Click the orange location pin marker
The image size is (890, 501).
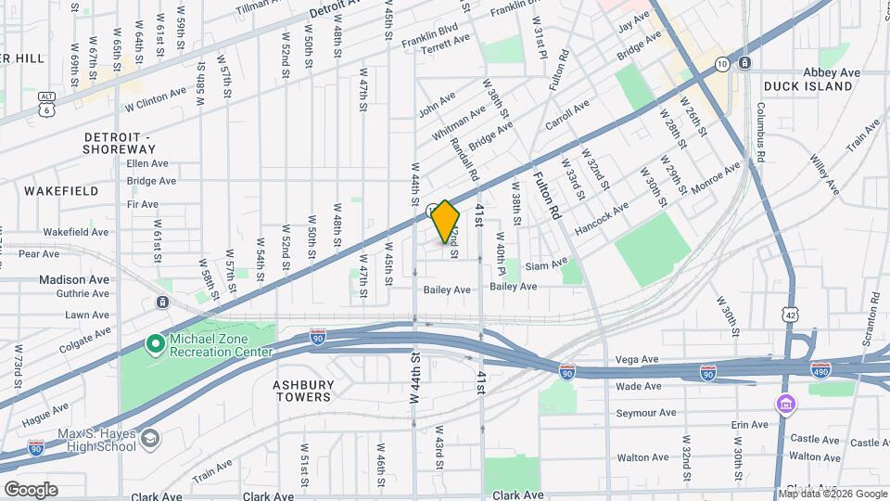click(445, 221)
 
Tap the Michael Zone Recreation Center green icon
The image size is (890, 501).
click(155, 345)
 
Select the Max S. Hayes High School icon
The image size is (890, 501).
click(150, 437)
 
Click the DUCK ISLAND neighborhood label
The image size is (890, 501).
click(807, 86)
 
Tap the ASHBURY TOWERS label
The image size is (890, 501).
click(302, 391)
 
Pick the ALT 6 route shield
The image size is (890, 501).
click(46, 103)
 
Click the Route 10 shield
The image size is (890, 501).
click(722, 63)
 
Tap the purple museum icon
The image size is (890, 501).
click(786, 405)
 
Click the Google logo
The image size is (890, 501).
click(30, 489)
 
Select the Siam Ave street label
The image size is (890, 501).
click(545, 265)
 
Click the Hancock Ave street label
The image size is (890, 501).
click(594, 225)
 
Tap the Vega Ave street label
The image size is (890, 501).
click(637, 359)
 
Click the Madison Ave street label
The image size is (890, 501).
click(74, 278)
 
